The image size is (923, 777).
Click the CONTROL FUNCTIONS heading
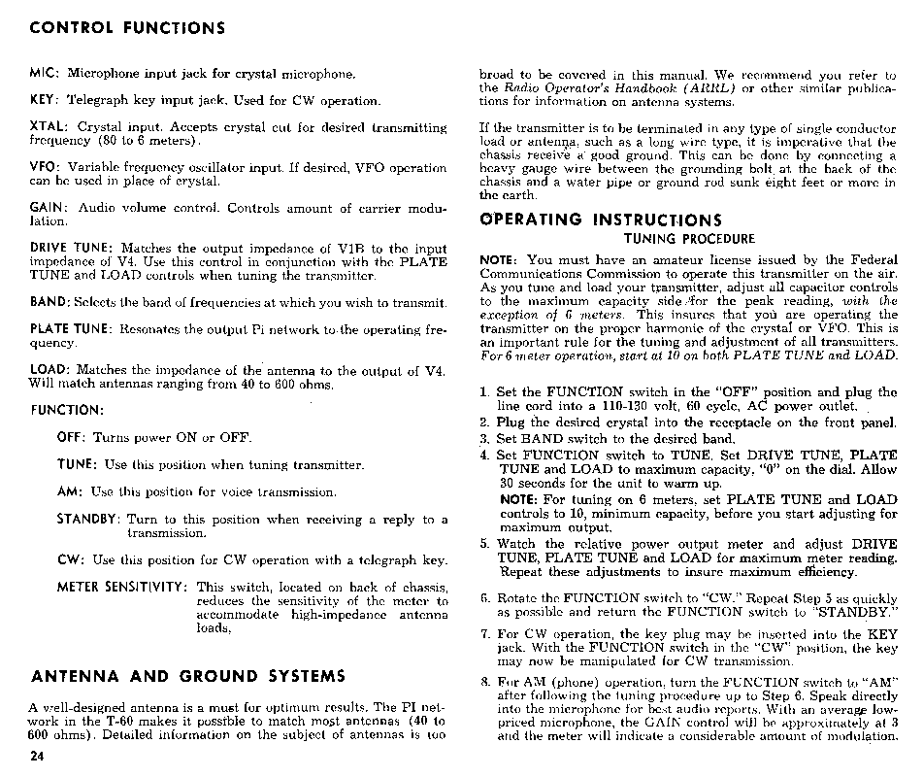128,27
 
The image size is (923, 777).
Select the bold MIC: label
45,74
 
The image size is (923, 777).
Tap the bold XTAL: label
49,127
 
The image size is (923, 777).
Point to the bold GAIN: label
48,208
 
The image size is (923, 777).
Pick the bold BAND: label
49,302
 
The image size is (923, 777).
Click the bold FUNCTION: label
66,410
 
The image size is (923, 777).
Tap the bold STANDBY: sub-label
88,520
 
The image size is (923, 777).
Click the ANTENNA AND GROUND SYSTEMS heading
187,675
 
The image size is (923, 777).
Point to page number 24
38,755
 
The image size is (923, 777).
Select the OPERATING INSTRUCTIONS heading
602,220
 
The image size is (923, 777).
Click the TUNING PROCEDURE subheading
688,239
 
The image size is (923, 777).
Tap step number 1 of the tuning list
484,392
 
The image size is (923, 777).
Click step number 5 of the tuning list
485,544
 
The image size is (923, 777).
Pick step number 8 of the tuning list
485,682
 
